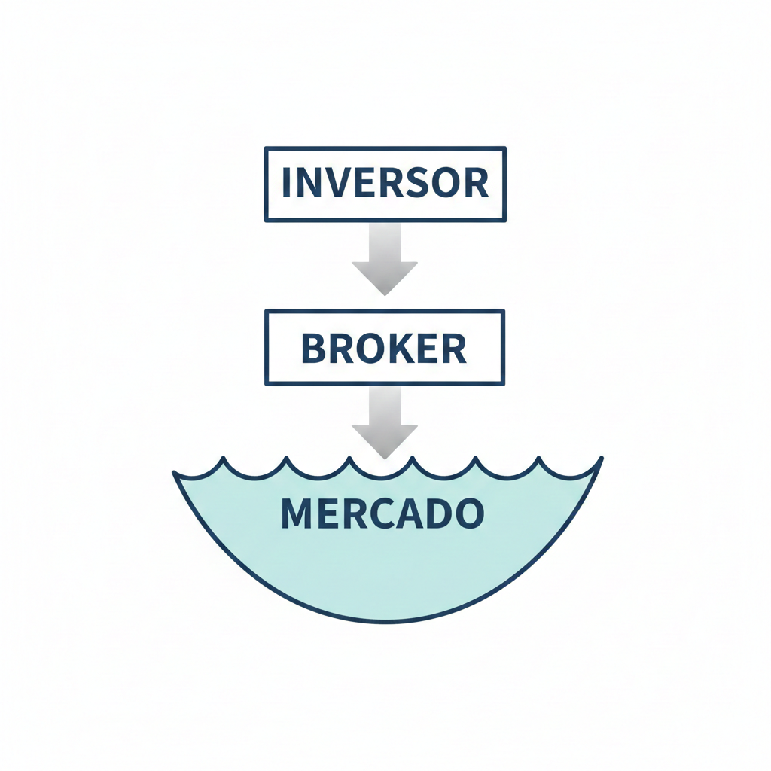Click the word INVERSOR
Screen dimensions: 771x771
coord(385,183)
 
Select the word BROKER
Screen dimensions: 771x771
coord(384,347)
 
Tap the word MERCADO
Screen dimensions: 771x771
coord(382,513)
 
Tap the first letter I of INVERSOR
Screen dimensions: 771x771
coord(286,183)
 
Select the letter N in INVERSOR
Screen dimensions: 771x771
coord(308,183)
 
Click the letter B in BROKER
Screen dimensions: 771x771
coord(313,347)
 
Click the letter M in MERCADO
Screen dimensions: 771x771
coord(295,513)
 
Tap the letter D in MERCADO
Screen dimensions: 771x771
coord(440,513)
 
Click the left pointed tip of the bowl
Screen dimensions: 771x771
coord(174,474)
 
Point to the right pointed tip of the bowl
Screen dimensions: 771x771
coord(601,459)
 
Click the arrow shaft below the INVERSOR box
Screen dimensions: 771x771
coord(385,241)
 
